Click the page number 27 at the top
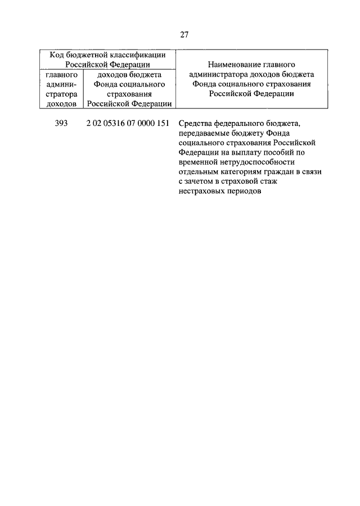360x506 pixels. (x=184, y=34)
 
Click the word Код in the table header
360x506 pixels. (x=57, y=55)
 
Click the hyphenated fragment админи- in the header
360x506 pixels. (x=62, y=84)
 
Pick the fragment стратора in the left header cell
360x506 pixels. (x=62, y=93)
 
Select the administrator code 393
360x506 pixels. (x=62, y=124)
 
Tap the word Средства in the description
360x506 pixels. (x=195, y=124)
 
